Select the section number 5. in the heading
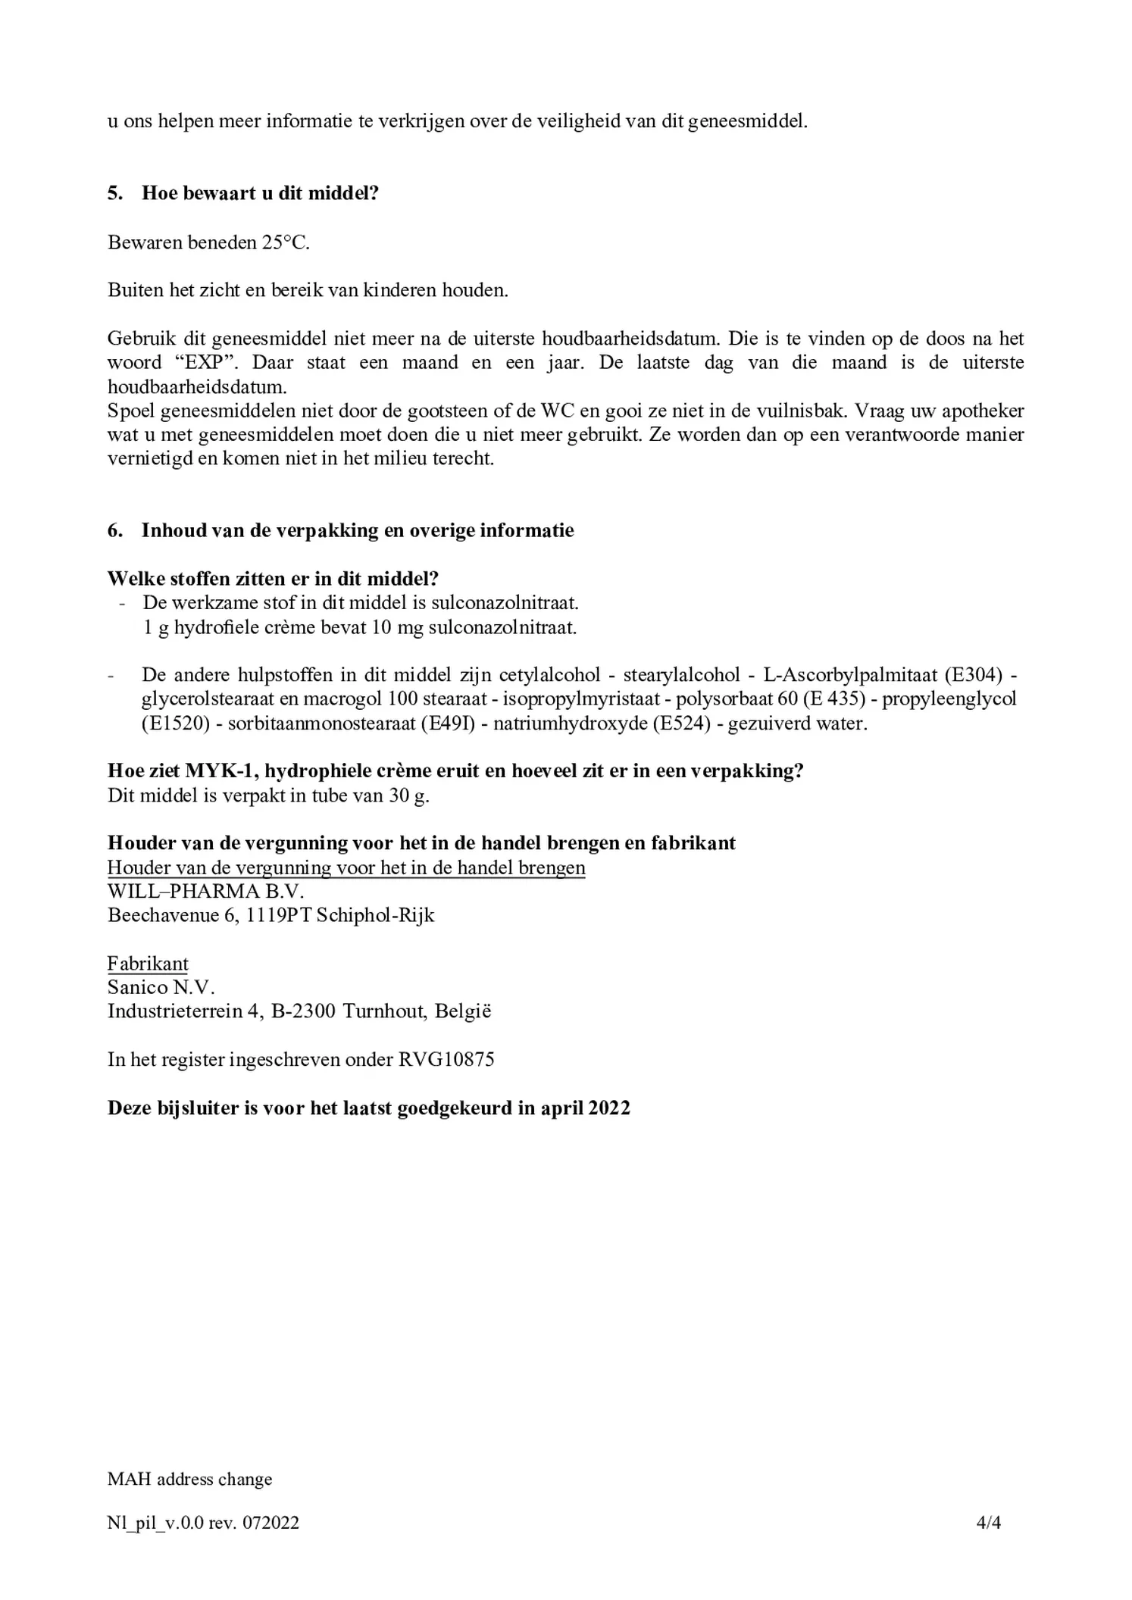(x=114, y=193)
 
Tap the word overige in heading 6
(x=442, y=530)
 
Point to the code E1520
(x=175, y=723)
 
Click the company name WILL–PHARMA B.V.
(x=205, y=892)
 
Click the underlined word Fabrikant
(x=148, y=964)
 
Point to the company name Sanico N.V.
(x=161, y=988)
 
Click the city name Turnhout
(x=384, y=1012)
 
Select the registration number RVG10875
(x=446, y=1060)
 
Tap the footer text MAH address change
(x=189, y=1479)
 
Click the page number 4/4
(x=988, y=1523)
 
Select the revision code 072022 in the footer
(x=270, y=1523)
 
